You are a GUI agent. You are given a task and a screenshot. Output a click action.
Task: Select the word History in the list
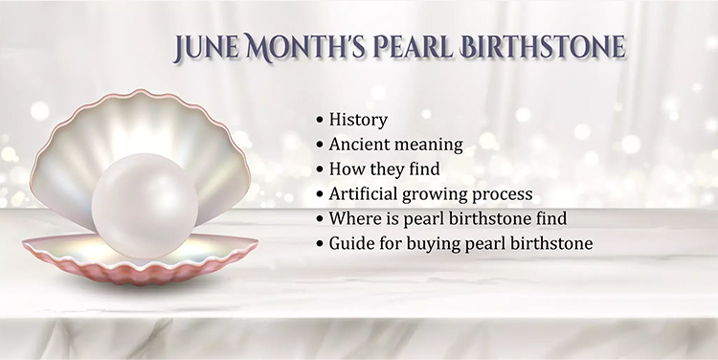click(x=358, y=120)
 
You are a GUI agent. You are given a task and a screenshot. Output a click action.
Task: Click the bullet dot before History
click(x=320, y=121)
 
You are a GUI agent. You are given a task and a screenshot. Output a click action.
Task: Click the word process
click(x=506, y=194)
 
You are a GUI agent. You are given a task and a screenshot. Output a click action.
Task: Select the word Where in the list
click(x=353, y=219)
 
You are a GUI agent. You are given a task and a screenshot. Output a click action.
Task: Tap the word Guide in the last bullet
click(x=351, y=244)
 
